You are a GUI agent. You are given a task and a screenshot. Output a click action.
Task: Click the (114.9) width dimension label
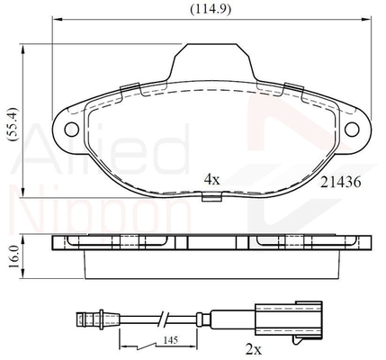point(211,9)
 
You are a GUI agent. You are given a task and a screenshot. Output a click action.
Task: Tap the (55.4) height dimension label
point(13,123)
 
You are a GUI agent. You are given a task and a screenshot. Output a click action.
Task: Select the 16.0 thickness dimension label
point(13,256)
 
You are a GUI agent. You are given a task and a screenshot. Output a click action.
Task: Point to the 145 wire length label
point(171,340)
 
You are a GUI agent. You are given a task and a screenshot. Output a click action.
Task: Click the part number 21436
point(341,182)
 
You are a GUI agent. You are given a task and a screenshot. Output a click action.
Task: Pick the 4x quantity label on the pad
point(212,179)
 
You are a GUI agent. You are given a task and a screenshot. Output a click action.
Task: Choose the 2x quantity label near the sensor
point(254,349)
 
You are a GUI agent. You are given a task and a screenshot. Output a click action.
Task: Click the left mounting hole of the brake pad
point(72,130)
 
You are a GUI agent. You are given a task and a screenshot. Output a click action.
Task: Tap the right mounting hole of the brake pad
point(352,130)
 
